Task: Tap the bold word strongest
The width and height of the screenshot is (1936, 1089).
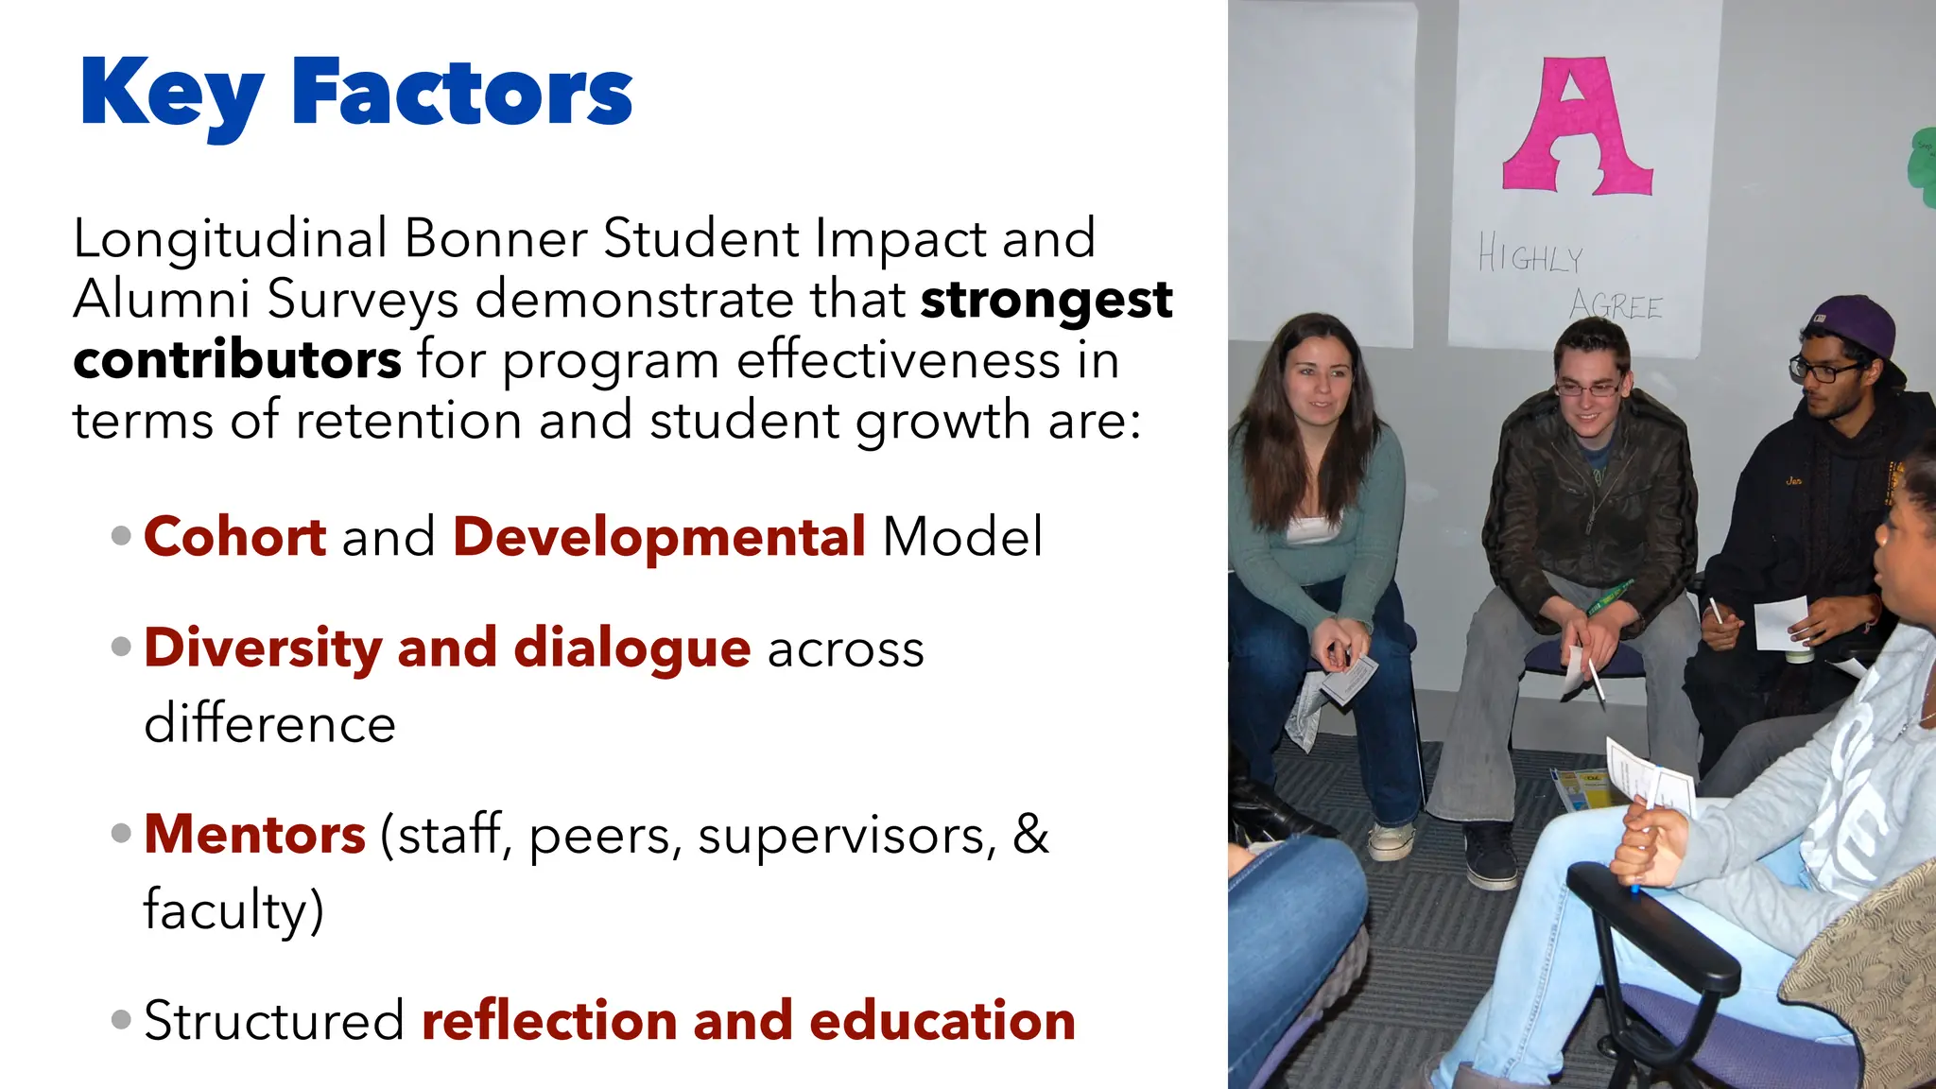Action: pyautogui.click(x=1046, y=302)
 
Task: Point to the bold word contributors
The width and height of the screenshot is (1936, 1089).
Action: pyautogui.click(x=237, y=360)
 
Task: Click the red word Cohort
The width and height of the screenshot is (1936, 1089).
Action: pyautogui.click(x=234, y=537)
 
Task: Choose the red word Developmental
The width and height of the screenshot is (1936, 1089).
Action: pyautogui.click(x=659, y=537)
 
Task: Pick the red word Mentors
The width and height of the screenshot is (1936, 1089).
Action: pyautogui.click(x=254, y=835)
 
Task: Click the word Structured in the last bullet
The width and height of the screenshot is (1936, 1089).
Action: pyautogui.click(x=274, y=1021)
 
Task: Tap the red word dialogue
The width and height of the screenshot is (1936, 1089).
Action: pyautogui.click(x=631, y=648)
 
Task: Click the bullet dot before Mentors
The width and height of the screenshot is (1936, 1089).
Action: pyautogui.click(x=121, y=834)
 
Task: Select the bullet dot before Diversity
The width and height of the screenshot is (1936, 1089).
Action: pyautogui.click(x=121, y=648)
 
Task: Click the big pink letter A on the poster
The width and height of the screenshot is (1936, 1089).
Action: pyautogui.click(x=1576, y=128)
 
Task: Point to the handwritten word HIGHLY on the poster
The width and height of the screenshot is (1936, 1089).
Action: pyautogui.click(x=1530, y=255)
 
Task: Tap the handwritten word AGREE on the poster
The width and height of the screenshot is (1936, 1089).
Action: pyautogui.click(x=1616, y=305)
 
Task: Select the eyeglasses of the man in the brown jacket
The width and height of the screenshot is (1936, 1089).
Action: pyautogui.click(x=1588, y=389)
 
